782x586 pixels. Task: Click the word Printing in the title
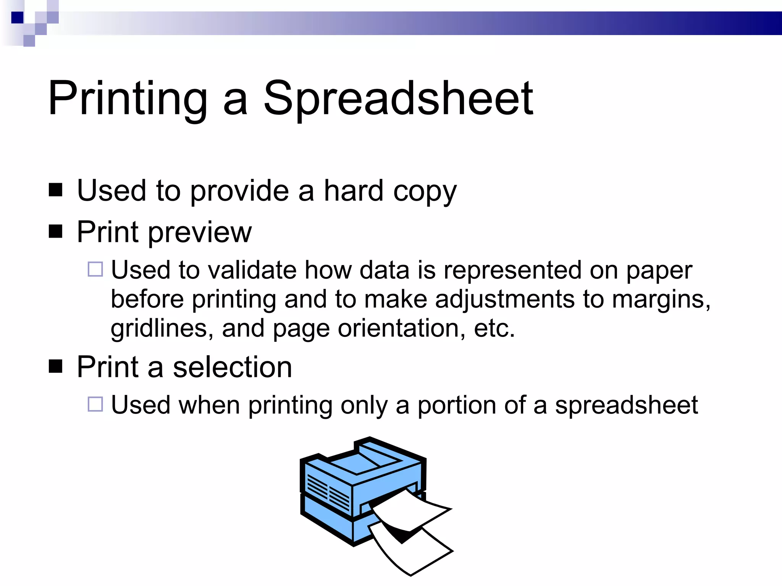click(128, 98)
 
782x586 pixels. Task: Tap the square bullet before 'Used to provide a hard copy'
click(56, 190)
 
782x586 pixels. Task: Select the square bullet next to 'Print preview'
click(56, 231)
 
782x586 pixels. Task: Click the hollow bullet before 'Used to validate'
click(95, 269)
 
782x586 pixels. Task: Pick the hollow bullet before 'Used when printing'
click(95, 404)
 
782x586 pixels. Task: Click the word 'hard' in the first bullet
click(353, 190)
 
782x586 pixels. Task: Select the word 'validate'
click(252, 270)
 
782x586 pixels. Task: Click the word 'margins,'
click(661, 299)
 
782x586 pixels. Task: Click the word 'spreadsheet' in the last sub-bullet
click(626, 406)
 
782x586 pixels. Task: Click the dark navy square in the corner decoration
click(17, 18)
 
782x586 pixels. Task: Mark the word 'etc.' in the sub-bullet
click(494, 328)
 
